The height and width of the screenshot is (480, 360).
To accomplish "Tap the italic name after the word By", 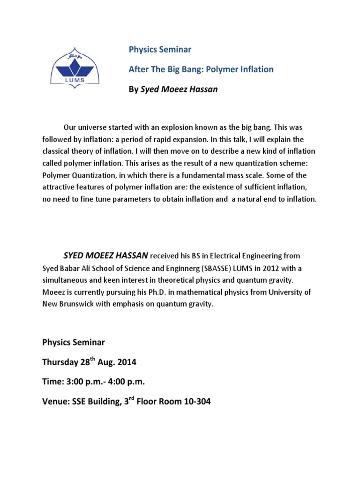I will [x=179, y=90].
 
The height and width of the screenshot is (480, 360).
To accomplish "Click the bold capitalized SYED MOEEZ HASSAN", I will [x=106, y=256].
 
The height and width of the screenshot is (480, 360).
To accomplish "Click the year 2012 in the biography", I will [x=266, y=268].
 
